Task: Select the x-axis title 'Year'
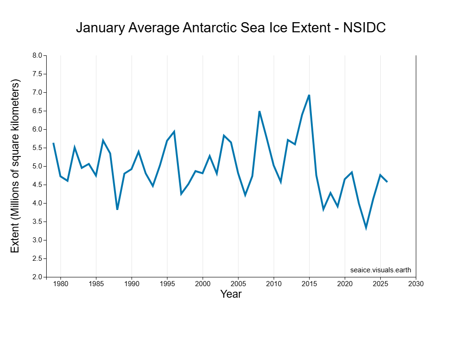click(x=231, y=294)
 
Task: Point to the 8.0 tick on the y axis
click(x=37, y=55)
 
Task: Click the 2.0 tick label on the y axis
click(x=37, y=277)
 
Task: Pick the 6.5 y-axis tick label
click(x=37, y=111)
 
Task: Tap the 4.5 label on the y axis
click(x=37, y=185)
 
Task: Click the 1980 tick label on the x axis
click(x=61, y=283)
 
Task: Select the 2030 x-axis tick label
click(x=416, y=283)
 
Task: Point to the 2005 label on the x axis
click(x=238, y=283)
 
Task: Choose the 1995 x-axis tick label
click(x=167, y=283)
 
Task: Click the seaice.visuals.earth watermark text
click(x=380, y=270)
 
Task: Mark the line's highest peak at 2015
click(x=309, y=95)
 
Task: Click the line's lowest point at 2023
click(x=366, y=228)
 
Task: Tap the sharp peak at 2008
click(x=259, y=111)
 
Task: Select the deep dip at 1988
click(x=117, y=210)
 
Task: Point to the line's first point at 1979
click(x=54, y=143)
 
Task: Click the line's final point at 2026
click(x=387, y=182)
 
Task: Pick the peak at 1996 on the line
click(x=174, y=132)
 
